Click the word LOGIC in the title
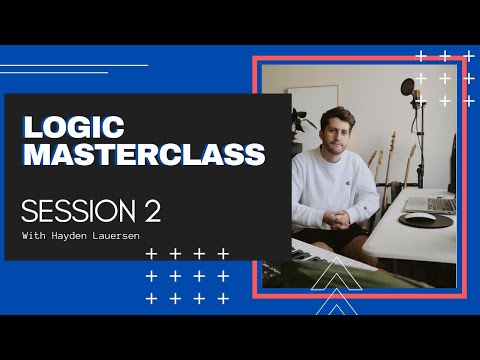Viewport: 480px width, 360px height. [73, 128]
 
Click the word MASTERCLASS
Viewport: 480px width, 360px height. [144, 155]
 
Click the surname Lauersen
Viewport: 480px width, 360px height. [121, 237]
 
